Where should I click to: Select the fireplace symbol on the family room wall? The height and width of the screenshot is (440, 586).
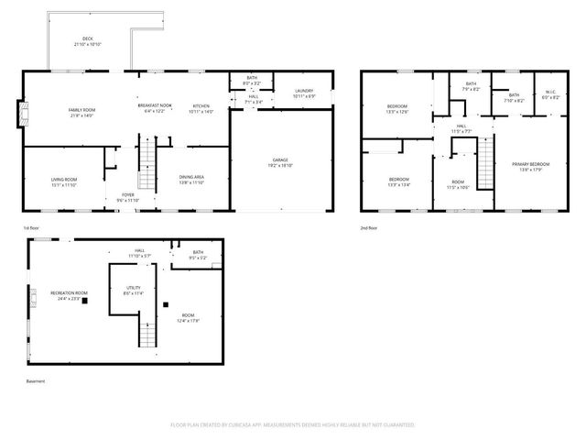tap(25, 115)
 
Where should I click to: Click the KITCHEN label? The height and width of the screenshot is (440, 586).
tap(201, 107)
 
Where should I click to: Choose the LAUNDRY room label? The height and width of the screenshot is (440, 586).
tap(304, 93)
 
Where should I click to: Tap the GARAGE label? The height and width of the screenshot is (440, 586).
tap(279, 162)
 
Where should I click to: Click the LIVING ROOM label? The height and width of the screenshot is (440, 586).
tap(63, 181)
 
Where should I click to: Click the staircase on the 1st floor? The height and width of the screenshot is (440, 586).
tap(146, 165)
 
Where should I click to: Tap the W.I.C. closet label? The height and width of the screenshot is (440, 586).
tap(549, 93)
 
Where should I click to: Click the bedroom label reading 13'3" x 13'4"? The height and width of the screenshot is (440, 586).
tap(398, 181)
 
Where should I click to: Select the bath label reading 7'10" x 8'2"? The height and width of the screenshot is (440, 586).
tap(514, 97)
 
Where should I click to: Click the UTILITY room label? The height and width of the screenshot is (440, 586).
tap(134, 290)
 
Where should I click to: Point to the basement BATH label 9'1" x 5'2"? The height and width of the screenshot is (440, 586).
tap(199, 255)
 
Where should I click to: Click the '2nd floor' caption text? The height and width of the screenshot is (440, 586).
tap(368, 227)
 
